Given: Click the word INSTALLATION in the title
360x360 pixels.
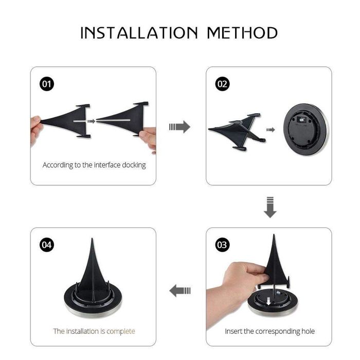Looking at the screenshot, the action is pyautogui.click(x=139, y=32).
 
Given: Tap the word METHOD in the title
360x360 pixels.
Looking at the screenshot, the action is pyautogui.click(x=242, y=32).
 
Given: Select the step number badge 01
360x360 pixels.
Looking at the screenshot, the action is pyautogui.click(x=47, y=84).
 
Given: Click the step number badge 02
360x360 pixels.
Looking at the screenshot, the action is pyautogui.click(x=222, y=84).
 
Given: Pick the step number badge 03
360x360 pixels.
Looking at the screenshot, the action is pyautogui.click(x=222, y=245).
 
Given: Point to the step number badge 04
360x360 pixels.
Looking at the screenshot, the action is pyautogui.click(x=47, y=245).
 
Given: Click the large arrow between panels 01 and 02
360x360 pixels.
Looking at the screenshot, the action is pyautogui.click(x=179, y=127).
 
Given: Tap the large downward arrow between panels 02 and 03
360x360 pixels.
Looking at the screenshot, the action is pyautogui.click(x=270, y=207).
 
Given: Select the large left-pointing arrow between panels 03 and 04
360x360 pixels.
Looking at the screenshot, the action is pyautogui.click(x=180, y=291).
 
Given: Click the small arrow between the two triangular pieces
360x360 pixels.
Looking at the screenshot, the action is pyautogui.click(x=91, y=121).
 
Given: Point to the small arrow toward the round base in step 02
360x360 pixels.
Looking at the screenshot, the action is pyautogui.click(x=271, y=130).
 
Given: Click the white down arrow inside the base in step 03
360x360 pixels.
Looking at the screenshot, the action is pyautogui.click(x=268, y=301).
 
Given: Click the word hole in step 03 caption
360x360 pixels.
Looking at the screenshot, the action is pyautogui.click(x=308, y=331).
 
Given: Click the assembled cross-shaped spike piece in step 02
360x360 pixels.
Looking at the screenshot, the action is pyautogui.click(x=238, y=131).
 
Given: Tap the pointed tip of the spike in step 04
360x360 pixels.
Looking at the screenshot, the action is pyautogui.click(x=92, y=239).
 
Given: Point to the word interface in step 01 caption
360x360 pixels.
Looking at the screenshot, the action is pyautogui.click(x=107, y=165).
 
